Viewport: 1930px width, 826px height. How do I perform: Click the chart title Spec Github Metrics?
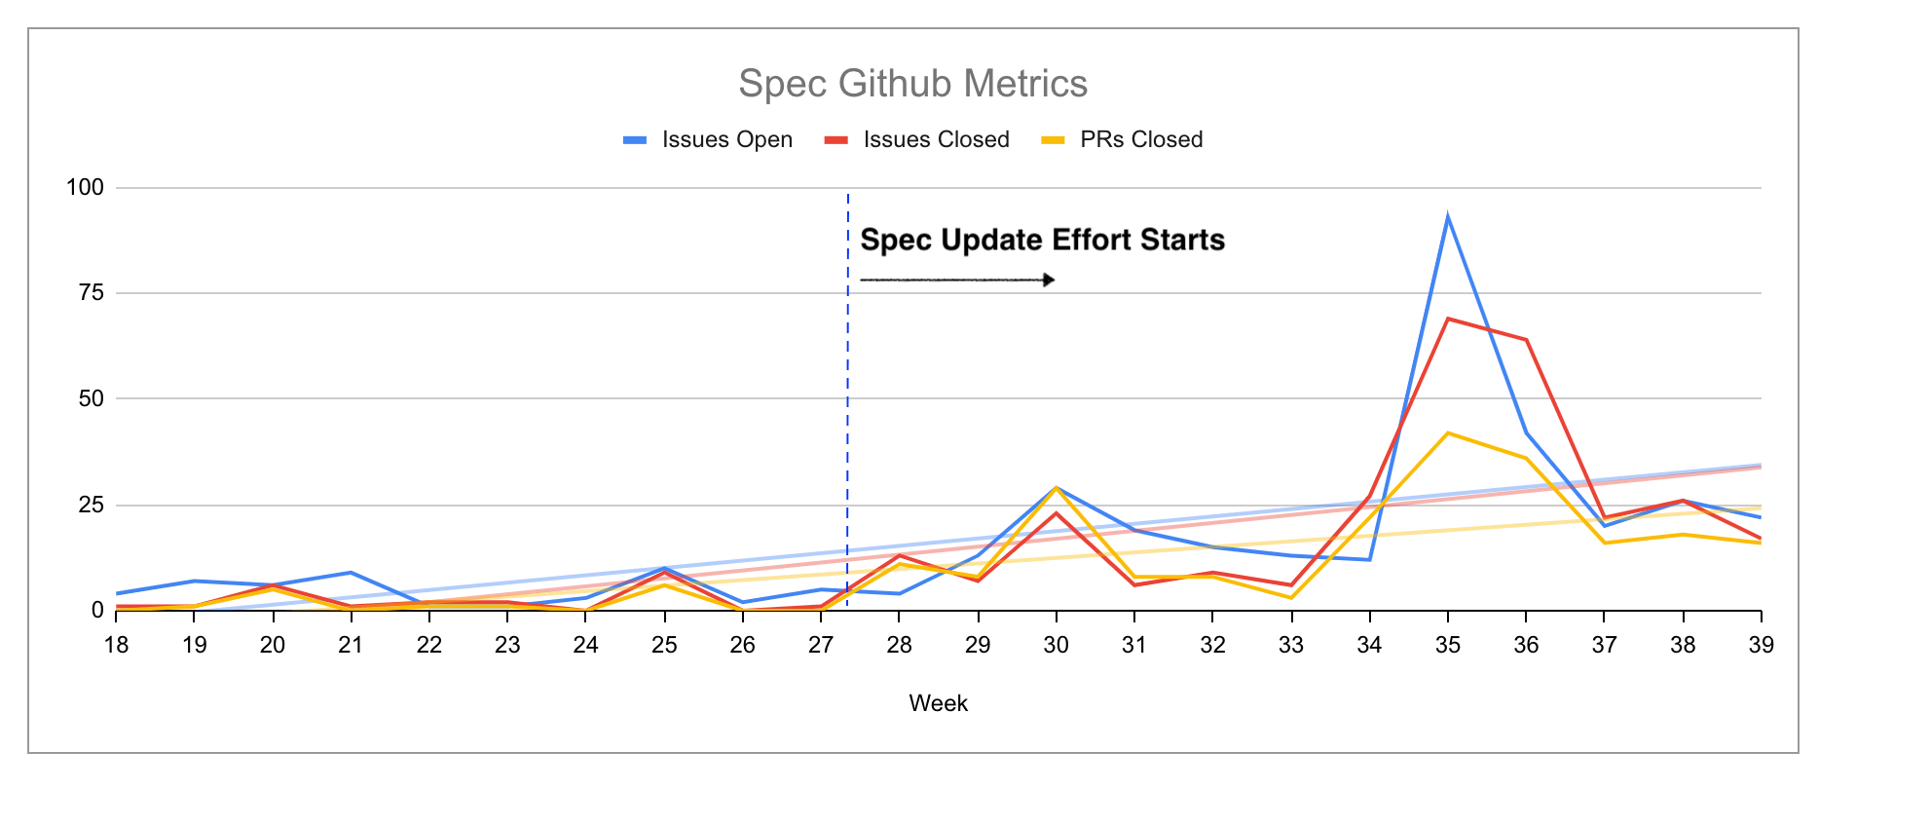[x=912, y=84]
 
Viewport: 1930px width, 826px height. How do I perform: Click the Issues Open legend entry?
[x=708, y=140]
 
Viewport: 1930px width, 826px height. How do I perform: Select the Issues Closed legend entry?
[x=916, y=140]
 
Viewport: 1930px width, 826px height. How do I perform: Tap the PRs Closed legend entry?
[x=1122, y=140]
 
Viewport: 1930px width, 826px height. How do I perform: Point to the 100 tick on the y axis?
[x=85, y=187]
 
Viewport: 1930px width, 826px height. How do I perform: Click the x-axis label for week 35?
[x=1447, y=645]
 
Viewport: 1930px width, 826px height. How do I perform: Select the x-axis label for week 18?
[x=116, y=645]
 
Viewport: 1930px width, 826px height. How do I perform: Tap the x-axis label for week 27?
[x=821, y=645]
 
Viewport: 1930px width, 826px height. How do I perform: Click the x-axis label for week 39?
[x=1761, y=645]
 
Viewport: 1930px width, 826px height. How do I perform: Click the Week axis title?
[x=938, y=703]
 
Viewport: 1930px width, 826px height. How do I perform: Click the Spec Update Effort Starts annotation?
[x=1042, y=240]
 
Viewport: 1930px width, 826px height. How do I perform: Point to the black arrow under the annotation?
[x=957, y=281]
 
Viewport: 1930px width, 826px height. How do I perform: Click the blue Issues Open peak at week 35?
[x=1448, y=217]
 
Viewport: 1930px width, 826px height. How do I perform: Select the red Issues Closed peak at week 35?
[x=1448, y=319]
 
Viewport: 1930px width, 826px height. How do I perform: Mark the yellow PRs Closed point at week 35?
[x=1448, y=432]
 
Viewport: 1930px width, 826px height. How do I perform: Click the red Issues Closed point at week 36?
[x=1526, y=340]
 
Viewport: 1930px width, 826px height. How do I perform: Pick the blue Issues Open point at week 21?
[x=351, y=573]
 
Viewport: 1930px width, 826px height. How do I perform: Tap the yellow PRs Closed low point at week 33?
[x=1291, y=598]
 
